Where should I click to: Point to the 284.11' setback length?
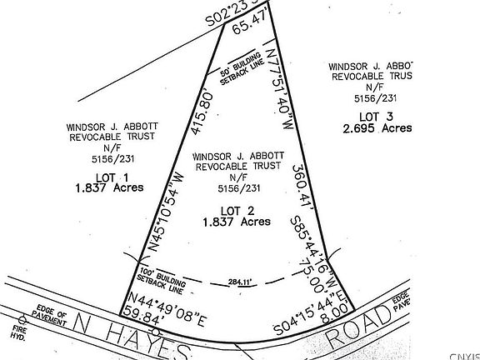coord(247,281)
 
